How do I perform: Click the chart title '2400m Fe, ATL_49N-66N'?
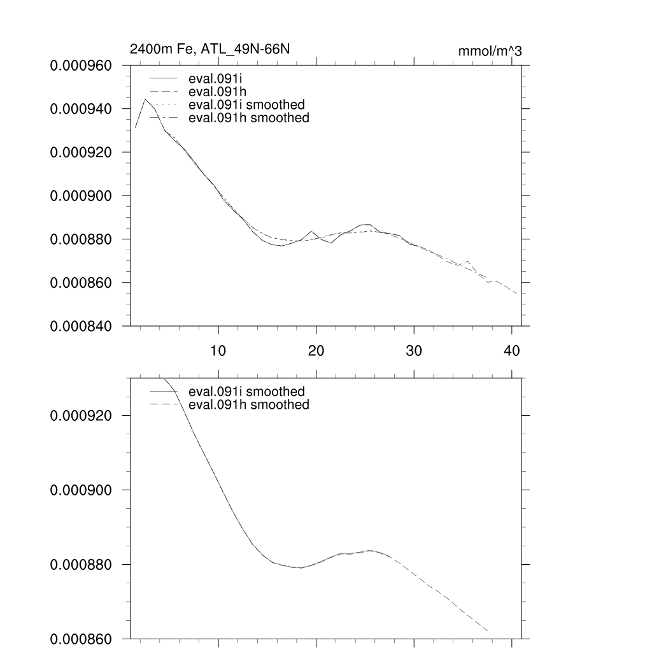[209, 48]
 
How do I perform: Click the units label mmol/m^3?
[490, 52]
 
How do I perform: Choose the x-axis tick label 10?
[218, 351]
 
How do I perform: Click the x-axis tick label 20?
[316, 351]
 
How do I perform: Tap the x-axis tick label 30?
[414, 351]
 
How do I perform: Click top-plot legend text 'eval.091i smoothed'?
[243, 104]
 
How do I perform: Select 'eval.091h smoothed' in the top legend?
[245, 118]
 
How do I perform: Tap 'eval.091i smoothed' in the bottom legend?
[243, 392]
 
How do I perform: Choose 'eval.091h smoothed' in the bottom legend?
[245, 405]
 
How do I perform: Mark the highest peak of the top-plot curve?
[145, 99]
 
